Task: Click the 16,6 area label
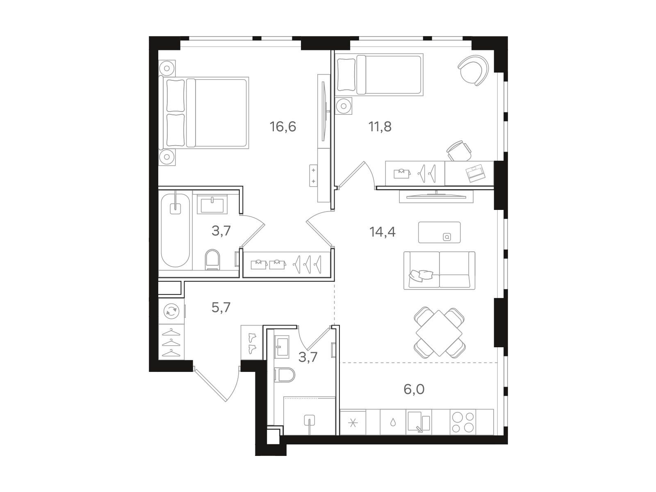pos(283,127)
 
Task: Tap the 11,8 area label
pos(380,127)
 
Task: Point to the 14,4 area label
pos(383,232)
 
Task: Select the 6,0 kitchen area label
pos(414,389)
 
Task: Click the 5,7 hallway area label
pos(221,307)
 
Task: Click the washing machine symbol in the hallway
pos(171,311)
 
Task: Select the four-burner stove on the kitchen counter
pos(463,422)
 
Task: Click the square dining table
pos(440,333)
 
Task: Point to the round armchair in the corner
pos(474,71)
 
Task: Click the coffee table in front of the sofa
pos(439,232)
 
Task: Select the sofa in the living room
pos(440,270)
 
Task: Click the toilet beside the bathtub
pos(212,259)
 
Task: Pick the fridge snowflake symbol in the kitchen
pos(353,423)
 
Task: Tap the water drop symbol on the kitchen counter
pos(393,422)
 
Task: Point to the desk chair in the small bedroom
pos(459,151)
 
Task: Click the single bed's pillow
pos(346,75)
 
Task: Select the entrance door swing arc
pos(236,386)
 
